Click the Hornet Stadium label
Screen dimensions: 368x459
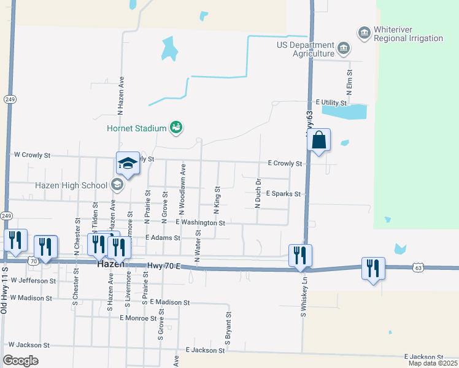pyautogui.click(x=137, y=128)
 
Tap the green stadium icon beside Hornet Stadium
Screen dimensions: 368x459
pyautogui.click(x=176, y=128)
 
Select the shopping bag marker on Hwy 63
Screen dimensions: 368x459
pyautogui.click(x=319, y=140)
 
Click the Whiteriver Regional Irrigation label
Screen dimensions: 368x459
pyautogui.click(x=409, y=34)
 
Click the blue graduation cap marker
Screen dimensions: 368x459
pyautogui.click(x=128, y=164)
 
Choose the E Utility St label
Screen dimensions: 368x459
pyautogui.click(x=334, y=102)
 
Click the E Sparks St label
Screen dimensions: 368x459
pyautogui.click(x=283, y=194)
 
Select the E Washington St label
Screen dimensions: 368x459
pyautogui.click(x=201, y=223)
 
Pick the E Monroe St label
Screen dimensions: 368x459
pyautogui.click(x=138, y=318)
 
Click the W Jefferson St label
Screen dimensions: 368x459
pyautogui.click(x=33, y=280)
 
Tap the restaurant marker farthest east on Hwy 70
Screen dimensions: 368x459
pyautogui.click(x=373, y=269)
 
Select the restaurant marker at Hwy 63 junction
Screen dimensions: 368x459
pyautogui.click(x=300, y=256)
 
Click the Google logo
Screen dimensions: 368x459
pyautogui.click(x=20, y=361)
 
